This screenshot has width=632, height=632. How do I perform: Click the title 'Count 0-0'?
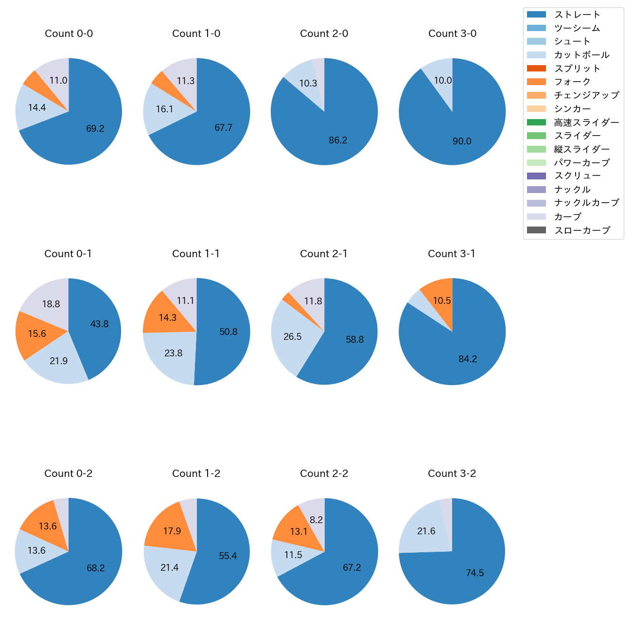pyautogui.click(x=69, y=34)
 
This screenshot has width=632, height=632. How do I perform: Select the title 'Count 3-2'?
pyautogui.click(x=452, y=474)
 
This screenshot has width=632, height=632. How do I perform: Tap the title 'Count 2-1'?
pyautogui.click(x=324, y=254)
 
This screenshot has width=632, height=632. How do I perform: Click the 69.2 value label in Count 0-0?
pyautogui.click(x=95, y=129)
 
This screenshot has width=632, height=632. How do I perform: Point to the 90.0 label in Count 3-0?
pyautogui.click(x=462, y=141)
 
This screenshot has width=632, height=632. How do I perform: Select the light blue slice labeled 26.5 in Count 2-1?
pyautogui.click(x=292, y=337)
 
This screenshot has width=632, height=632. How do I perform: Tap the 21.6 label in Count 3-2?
pyautogui.click(x=426, y=531)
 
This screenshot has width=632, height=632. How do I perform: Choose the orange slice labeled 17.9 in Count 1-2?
pyautogui.click(x=171, y=530)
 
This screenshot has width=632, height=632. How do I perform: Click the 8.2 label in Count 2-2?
pyautogui.click(x=316, y=520)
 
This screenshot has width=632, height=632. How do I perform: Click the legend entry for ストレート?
pyautogui.click(x=577, y=15)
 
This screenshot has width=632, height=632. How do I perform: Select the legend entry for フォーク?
pyautogui.click(x=572, y=82)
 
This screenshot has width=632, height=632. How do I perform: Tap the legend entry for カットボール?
pyautogui.click(x=581, y=55)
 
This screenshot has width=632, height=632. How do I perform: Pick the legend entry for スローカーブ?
pyautogui.click(x=582, y=230)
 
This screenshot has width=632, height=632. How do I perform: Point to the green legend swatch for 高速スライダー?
pyautogui.click(x=536, y=122)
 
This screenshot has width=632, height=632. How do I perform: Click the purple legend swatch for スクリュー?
pyautogui.click(x=536, y=176)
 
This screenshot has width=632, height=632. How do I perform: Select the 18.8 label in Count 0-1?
pyautogui.click(x=51, y=304)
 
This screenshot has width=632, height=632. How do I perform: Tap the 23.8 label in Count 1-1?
pyautogui.click(x=174, y=353)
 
